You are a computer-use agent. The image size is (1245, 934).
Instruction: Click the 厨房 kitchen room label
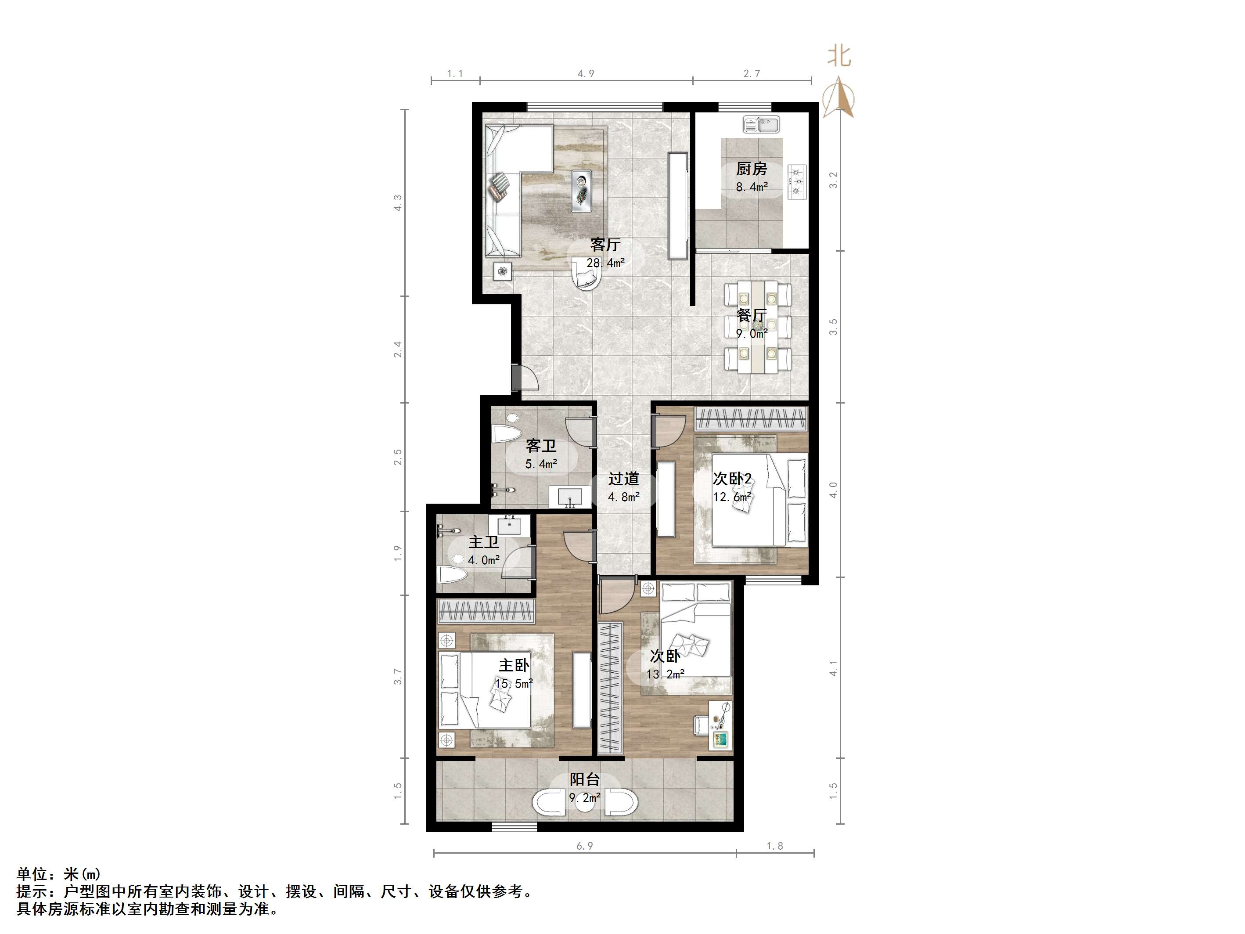(752, 168)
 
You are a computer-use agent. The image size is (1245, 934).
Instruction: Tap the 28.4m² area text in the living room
(606, 262)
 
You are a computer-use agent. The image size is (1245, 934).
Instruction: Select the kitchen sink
(761, 124)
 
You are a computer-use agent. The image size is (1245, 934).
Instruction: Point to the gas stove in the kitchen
(797, 182)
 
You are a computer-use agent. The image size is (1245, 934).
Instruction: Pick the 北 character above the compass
(838, 56)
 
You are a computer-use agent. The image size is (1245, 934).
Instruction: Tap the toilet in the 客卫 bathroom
(507, 431)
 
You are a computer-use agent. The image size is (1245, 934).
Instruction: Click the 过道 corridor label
(624, 479)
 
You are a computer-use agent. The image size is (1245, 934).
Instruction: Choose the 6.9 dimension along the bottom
(584, 846)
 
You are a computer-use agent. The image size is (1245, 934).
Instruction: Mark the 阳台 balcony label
(585, 779)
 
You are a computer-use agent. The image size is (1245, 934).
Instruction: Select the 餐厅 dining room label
(752, 315)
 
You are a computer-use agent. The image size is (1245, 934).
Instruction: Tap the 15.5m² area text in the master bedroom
(514, 683)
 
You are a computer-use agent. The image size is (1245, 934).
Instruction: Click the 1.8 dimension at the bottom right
(774, 846)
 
